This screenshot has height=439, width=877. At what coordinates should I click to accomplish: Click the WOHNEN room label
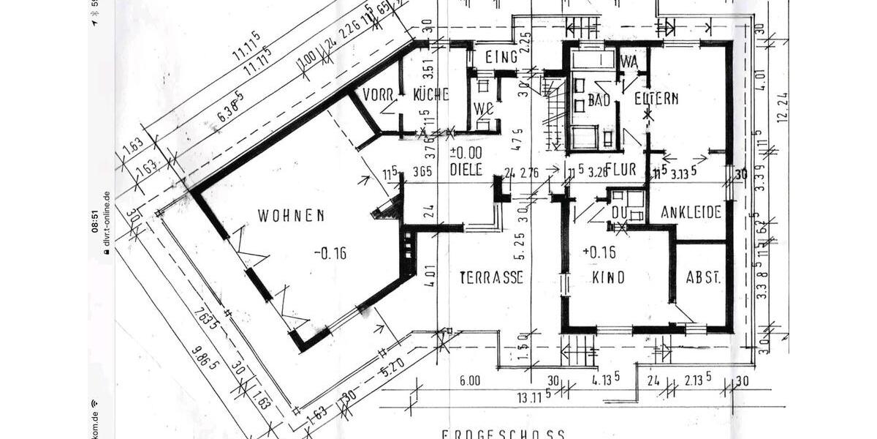291,216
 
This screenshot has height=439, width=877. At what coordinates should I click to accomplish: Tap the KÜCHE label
430,95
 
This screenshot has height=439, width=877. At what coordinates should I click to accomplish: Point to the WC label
482,110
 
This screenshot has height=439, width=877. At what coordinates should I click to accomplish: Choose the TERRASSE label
491,278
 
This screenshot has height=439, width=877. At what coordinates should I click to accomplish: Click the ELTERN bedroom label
656,98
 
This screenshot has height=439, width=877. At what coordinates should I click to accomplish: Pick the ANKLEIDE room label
691,213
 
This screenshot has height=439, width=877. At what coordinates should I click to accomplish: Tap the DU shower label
620,214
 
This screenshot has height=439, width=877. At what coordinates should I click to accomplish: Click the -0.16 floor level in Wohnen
330,254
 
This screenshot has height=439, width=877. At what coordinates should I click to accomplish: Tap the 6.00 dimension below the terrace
469,380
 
